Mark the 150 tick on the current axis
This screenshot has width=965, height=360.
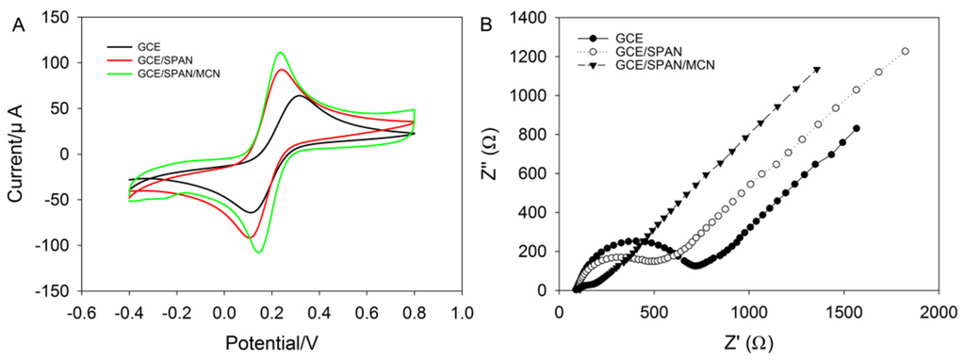click(58, 17)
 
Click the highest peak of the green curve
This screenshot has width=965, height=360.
click(280, 53)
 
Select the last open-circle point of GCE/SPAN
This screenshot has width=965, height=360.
click(906, 51)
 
